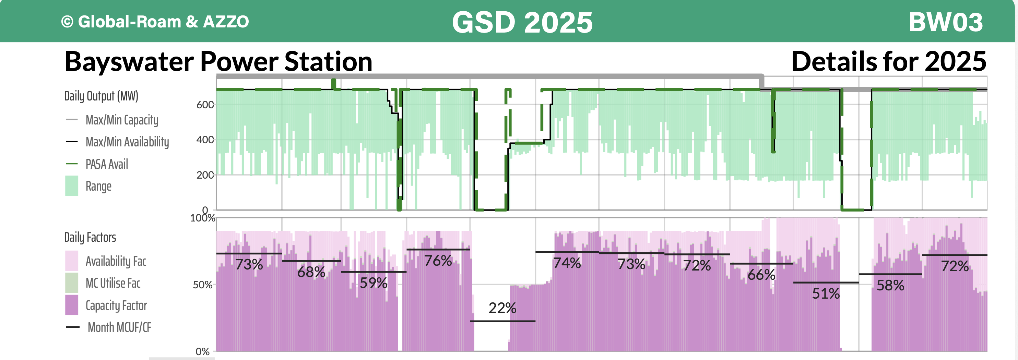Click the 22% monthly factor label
tap(502, 308)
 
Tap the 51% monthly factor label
tap(826, 293)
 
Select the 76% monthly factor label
tap(438, 261)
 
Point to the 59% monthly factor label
tap(373, 283)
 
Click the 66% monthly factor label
tap(761, 275)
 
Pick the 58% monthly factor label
tap(890, 285)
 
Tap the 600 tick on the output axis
tap(205, 105)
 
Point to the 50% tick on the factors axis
tap(202, 285)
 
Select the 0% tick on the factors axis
tap(202, 351)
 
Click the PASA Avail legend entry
tap(107, 164)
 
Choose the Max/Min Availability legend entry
tap(127, 142)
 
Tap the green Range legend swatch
tap(72, 186)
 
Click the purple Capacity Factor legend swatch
tap(72, 305)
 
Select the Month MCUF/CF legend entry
tap(119, 327)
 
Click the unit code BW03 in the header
tap(945, 22)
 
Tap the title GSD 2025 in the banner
tap(522, 22)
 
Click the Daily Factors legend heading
tap(90, 237)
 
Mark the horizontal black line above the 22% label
tap(502, 321)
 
